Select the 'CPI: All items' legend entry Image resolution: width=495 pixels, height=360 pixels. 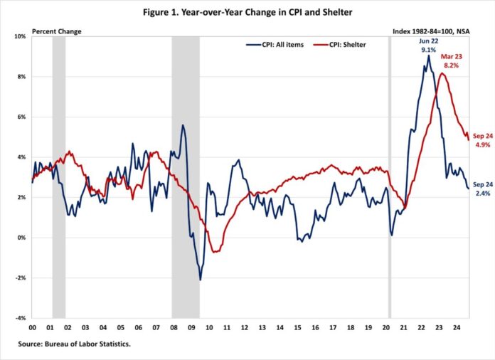tap(272, 44)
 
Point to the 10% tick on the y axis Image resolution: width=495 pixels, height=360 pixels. tap(21, 36)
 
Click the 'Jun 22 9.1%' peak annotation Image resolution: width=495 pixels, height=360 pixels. tap(429, 46)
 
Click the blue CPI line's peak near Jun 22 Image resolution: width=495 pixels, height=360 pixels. tap(428, 55)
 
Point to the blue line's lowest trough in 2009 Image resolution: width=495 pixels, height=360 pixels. tap(200, 280)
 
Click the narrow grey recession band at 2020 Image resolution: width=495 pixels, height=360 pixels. tap(390, 178)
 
